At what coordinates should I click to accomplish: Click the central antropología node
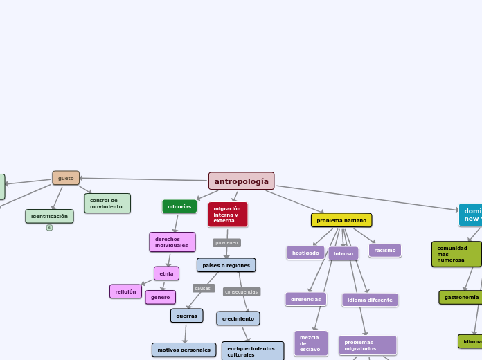click(x=241, y=181)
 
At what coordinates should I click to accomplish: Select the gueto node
click(x=66, y=178)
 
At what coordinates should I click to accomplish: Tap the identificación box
click(x=49, y=216)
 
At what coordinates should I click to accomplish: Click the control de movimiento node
click(x=107, y=204)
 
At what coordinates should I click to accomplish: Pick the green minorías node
click(x=179, y=206)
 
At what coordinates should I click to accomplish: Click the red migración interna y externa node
click(x=227, y=215)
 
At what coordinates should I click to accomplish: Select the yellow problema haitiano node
click(x=341, y=220)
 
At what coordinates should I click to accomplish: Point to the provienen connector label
click(x=226, y=243)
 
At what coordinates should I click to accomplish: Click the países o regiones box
click(x=226, y=265)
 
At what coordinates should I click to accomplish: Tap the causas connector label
click(x=203, y=288)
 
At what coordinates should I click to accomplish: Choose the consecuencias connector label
click(x=242, y=291)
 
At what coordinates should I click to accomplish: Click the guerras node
click(x=186, y=316)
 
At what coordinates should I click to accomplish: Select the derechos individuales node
click(x=172, y=242)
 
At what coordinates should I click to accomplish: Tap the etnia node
click(x=166, y=273)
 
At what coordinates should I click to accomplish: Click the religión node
click(x=125, y=291)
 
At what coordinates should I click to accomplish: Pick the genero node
click(x=160, y=297)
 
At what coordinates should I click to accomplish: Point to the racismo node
click(x=385, y=250)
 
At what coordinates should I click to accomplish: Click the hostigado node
click(x=305, y=253)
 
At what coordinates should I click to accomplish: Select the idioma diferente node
click(x=370, y=300)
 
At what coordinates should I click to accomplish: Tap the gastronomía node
click(x=461, y=297)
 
